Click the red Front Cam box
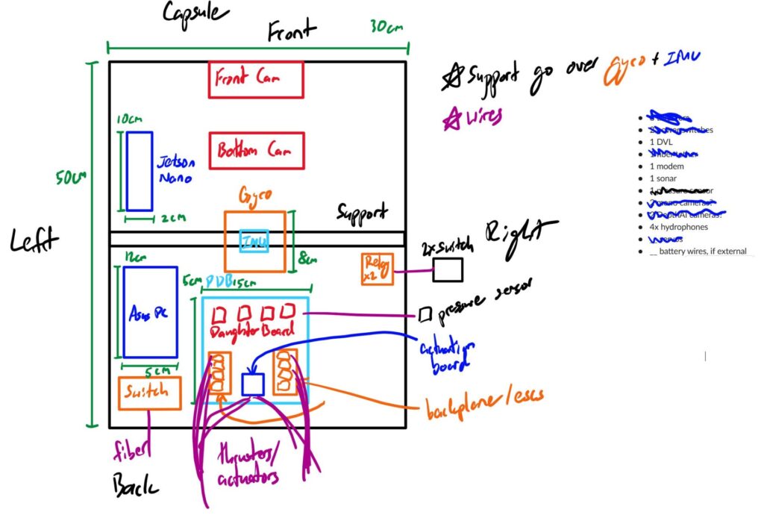pyautogui.click(x=256, y=80)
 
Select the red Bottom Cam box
pyautogui.click(x=257, y=151)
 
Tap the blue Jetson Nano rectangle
pyautogui.click(x=140, y=171)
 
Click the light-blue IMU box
pyautogui.click(x=254, y=241)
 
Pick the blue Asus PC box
pyautogui.click(x=150, y=311)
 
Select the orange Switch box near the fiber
pyautogui.click(x=150, y=393)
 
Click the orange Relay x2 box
pyautogui.click(x=378, y=269)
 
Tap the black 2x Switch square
pyautogui.click(x=448, y=269)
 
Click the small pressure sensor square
pyautogui.click(x=425, y=314)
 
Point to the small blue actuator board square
pyautogui.click(x=254, y=384)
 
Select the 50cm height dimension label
pyautogui.click(x=72, y=180)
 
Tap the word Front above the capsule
pyautogui.click(x=292, y=31)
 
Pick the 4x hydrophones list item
pyautogui.click(x=682, y=227)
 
